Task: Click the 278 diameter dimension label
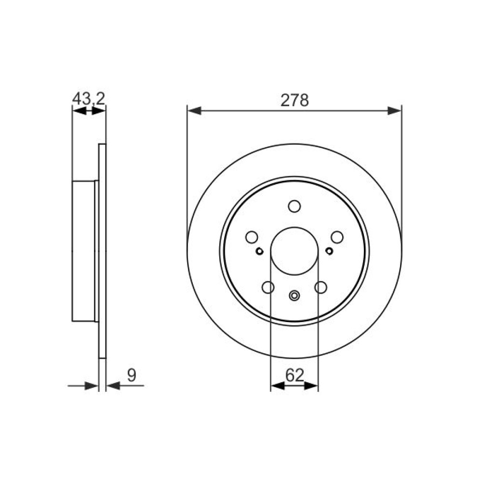[x=295, y=100]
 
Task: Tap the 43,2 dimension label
[x=89, y=98]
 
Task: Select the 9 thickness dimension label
[x=132, y=375]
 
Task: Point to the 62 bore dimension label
[x=295, y=375]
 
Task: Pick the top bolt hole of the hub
[x=295, y=206]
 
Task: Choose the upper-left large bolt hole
[x=252, y=237]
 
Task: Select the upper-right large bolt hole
[x=337, y=237]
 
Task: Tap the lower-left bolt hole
[x=268, y=287]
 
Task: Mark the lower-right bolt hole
[x=321, y=287]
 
